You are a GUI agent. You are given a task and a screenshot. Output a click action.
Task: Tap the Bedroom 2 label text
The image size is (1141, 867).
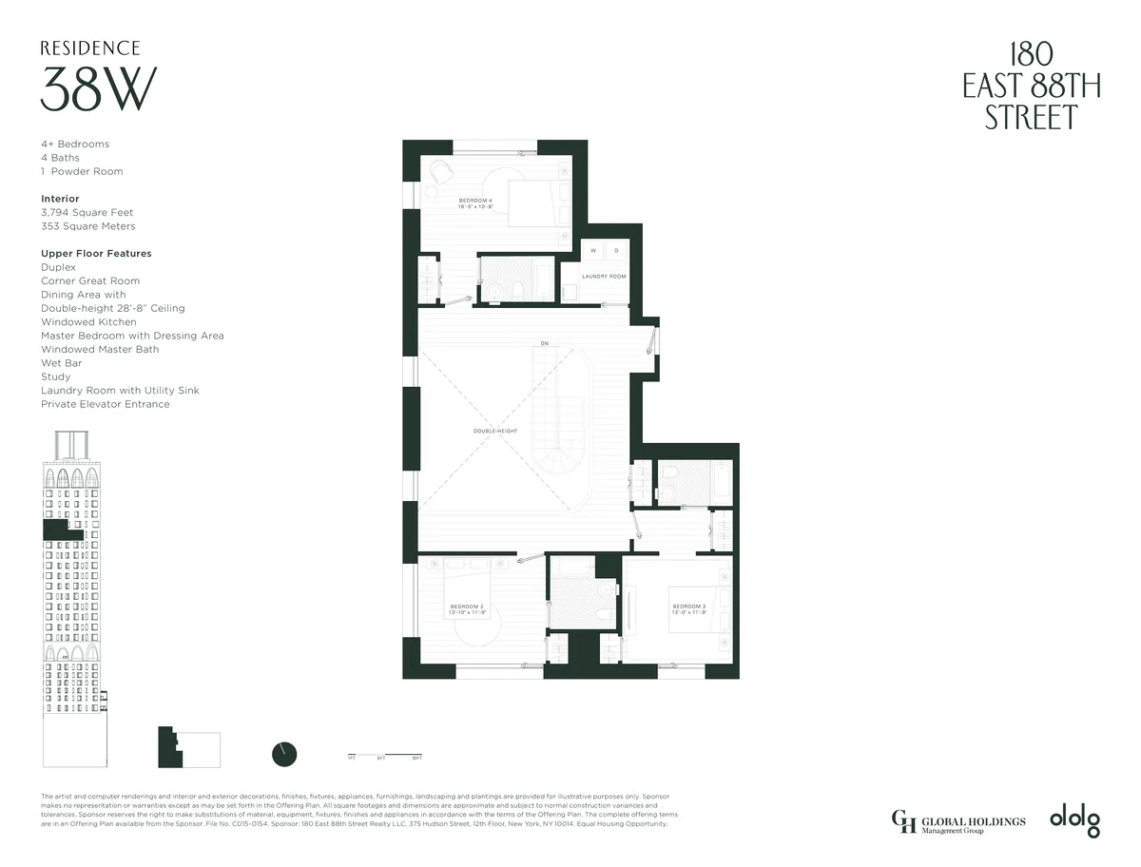[x=468, y=608]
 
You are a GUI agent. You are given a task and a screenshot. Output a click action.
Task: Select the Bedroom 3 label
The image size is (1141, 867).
[x=689, y=608]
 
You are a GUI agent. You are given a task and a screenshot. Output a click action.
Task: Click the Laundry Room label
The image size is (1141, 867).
[x=604, y=276]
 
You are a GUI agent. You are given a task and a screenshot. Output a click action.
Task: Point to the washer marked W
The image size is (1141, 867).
[x=593, y=251]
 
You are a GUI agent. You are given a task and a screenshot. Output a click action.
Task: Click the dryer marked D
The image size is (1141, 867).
[x=615, y=251]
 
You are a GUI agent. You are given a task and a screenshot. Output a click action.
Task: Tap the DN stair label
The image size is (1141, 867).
[x=544, y=343]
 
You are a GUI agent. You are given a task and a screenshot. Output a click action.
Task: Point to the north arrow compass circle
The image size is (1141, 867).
[x=284, y=754]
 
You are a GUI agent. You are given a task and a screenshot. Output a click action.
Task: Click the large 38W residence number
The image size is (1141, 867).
[x=98, y=90]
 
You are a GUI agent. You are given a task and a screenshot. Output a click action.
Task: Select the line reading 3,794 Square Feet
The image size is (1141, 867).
[x=87, y=213]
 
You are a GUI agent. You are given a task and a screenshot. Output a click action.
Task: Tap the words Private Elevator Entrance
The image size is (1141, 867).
[x=105, y=404]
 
